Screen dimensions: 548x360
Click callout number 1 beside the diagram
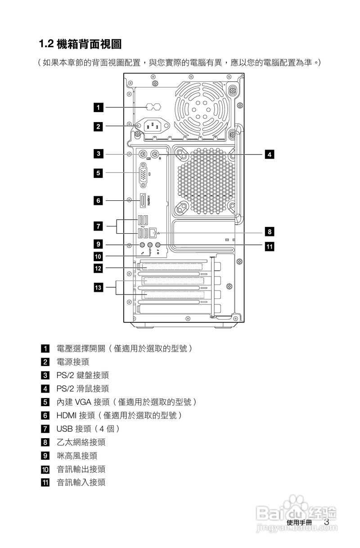pos(98,107)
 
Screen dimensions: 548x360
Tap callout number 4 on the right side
pos(269,154)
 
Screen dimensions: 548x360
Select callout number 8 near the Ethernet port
pos(269,232)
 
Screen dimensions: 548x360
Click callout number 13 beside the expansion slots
pos(98,286)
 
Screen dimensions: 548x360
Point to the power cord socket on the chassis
pos(152,126)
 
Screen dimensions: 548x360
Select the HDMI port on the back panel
pos(143,201)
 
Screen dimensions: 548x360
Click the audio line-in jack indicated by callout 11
pos(158,245)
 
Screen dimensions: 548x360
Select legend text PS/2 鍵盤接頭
pos(82,375)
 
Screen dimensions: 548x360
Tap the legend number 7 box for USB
pos(45,429)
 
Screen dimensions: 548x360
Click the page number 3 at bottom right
pos(327,522)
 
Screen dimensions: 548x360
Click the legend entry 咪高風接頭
pos(76,456)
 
